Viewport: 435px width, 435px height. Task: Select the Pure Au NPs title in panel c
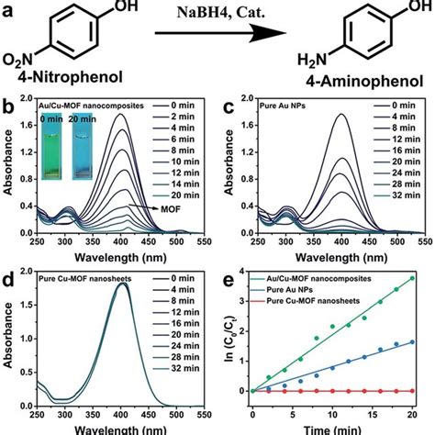pos(284,112)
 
